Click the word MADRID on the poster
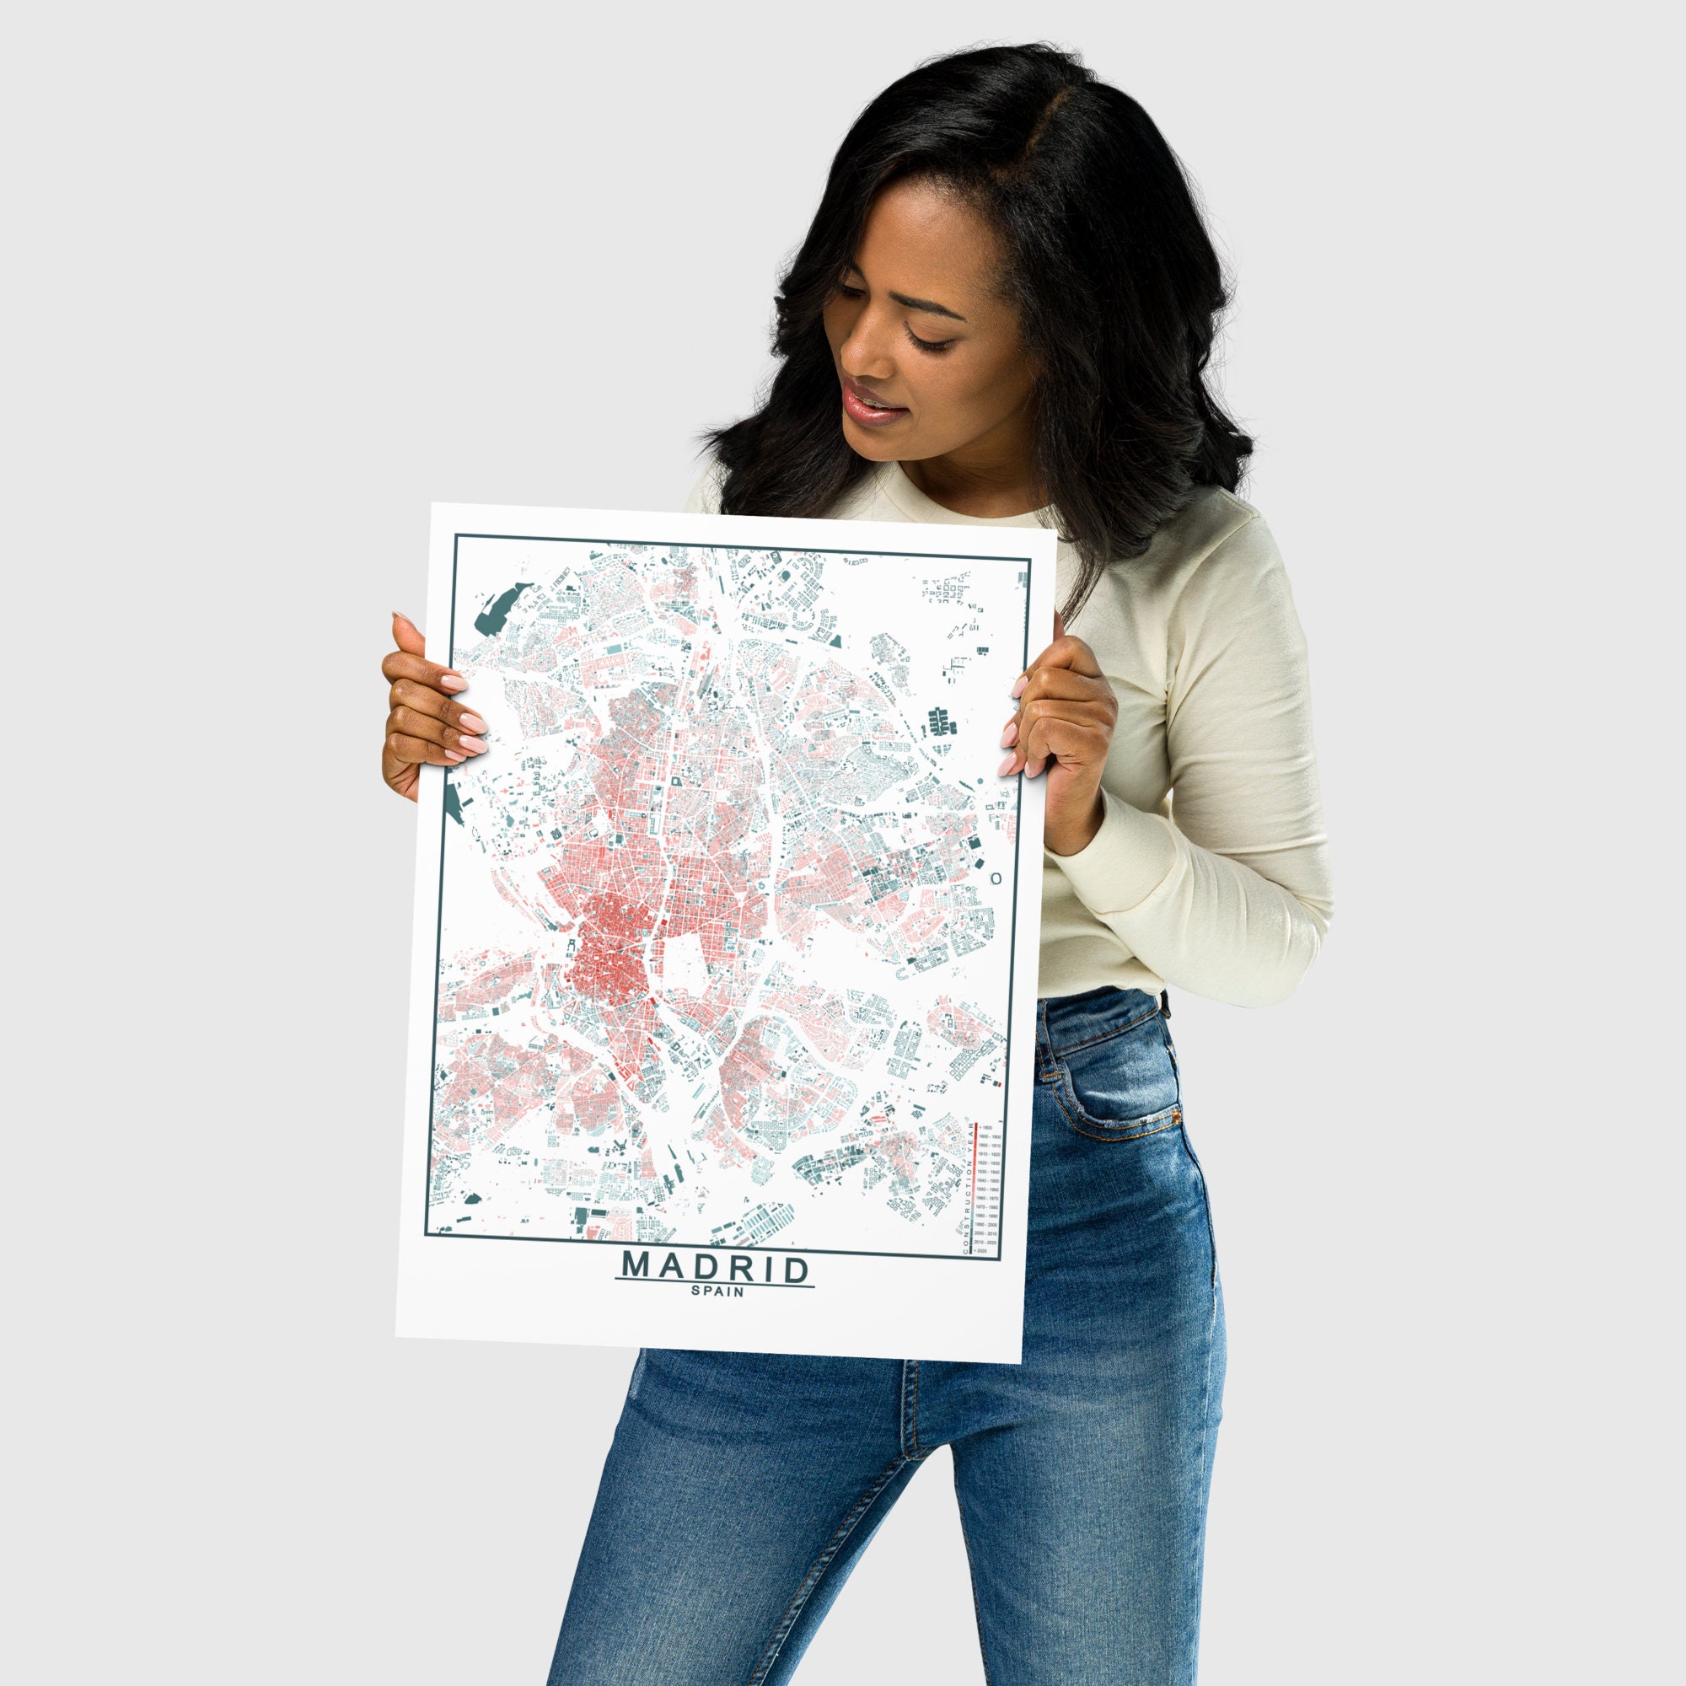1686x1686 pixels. [x=715, y=1267]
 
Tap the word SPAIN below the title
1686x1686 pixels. [x=717, y=1291]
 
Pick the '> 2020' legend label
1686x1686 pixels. [x=982, y=1251]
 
